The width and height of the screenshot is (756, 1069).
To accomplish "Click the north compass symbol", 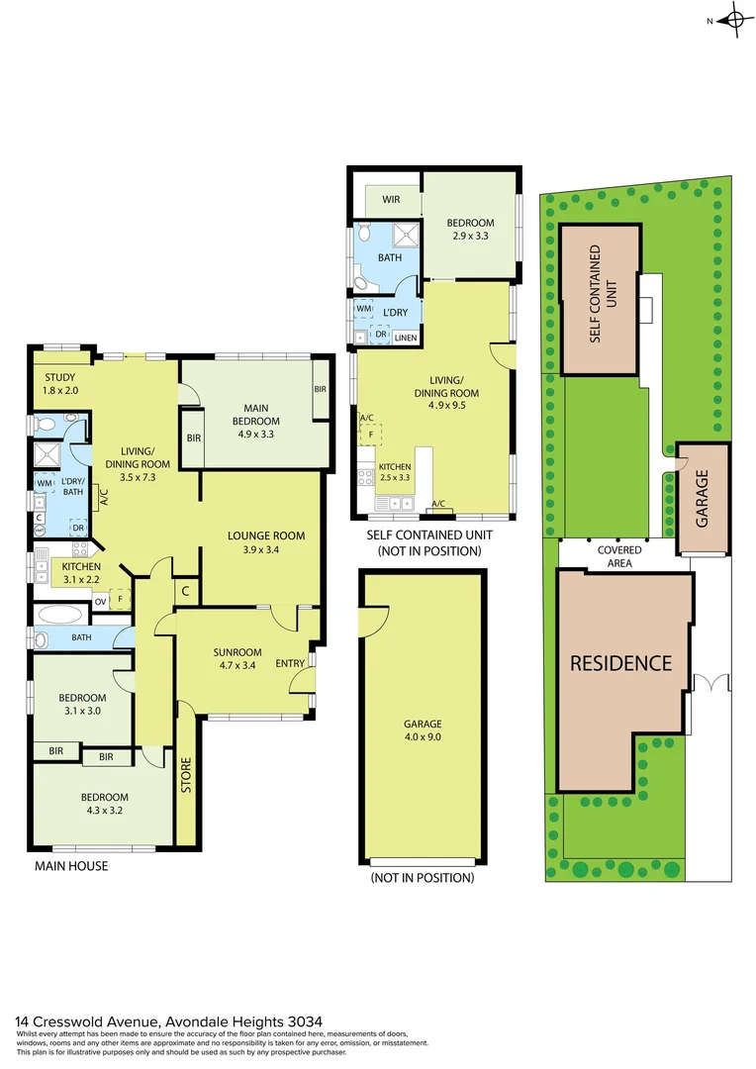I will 734,20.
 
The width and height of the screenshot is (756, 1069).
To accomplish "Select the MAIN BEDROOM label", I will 255,414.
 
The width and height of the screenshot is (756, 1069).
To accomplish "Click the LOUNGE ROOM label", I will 265,535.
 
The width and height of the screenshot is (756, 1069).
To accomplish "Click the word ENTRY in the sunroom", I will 290,664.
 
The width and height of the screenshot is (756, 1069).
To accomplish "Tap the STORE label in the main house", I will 186,775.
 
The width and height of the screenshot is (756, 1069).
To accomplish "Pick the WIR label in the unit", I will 390,199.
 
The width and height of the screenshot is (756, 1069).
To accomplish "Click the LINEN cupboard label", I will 405,339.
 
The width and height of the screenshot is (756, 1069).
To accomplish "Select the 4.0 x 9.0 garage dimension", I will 422,736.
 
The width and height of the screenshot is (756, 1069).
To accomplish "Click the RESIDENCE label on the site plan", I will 620,663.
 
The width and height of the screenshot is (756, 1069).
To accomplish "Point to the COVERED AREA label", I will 619,556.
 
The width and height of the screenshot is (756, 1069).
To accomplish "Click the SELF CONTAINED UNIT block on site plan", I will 600,297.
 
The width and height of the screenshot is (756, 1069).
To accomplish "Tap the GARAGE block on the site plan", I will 703,498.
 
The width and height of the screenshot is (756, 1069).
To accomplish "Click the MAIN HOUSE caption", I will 71,866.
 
